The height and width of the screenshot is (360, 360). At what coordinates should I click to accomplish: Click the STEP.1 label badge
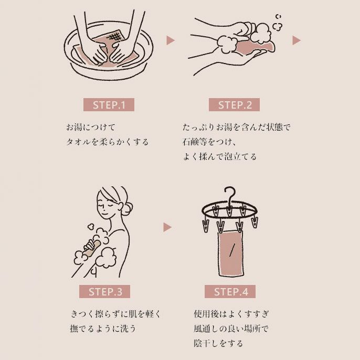(109, 104)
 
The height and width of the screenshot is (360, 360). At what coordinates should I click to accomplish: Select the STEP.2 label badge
(235, 104)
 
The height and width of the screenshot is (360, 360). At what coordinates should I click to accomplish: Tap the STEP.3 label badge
(105, 292)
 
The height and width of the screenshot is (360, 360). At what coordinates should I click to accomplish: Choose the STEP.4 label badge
(231, 292)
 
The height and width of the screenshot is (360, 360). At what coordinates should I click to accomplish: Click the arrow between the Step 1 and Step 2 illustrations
(170, 40)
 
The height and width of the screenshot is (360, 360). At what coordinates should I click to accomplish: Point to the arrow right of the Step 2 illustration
(296, 40)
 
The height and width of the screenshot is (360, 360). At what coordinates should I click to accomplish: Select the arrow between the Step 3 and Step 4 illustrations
(167, 227)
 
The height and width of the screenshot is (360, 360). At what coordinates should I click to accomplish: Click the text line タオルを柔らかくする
(107, 142)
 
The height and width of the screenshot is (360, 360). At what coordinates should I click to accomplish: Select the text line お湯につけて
(90, 127)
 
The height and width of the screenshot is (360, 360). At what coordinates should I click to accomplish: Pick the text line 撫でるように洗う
(103, 329)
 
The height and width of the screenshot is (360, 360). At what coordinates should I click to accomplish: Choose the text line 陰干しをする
(218, 343)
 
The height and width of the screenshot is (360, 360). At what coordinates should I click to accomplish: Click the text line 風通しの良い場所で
(231, 329)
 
